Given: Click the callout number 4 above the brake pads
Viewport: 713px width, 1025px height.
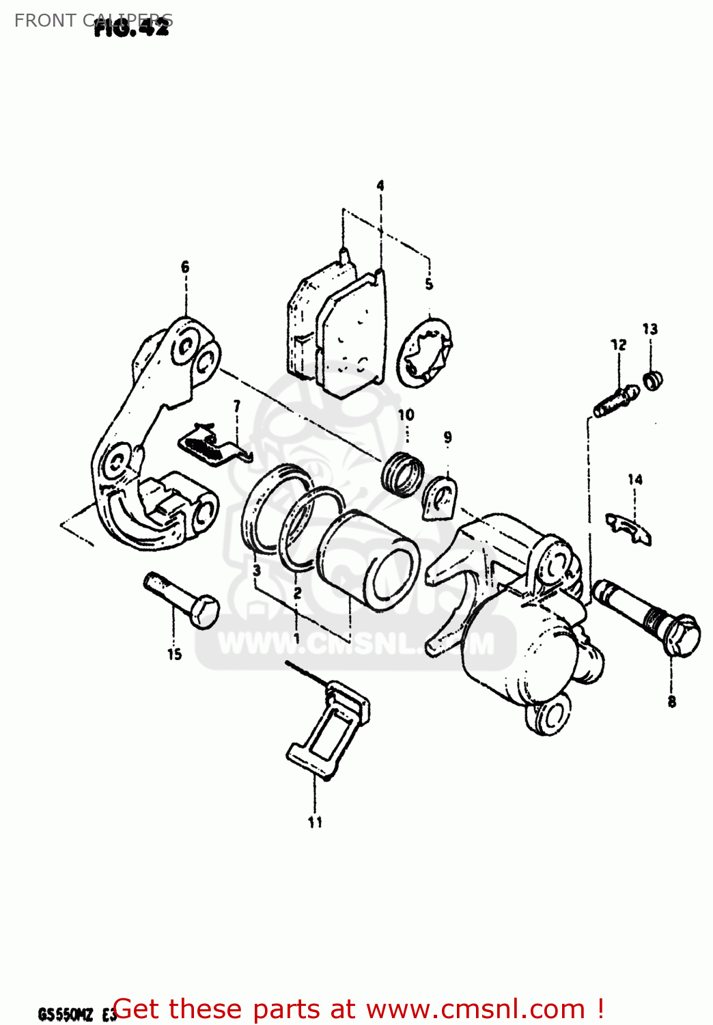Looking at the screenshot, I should (380, 185).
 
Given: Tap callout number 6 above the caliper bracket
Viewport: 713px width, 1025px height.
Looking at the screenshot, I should (185, 267).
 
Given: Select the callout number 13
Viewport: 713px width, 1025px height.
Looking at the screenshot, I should (649, 329).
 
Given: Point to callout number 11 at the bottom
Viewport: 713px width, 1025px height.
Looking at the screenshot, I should (315, 822).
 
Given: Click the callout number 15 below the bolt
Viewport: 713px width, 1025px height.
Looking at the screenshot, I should (174, 655).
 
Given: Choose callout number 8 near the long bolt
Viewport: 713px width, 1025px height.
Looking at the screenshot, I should (672, 702).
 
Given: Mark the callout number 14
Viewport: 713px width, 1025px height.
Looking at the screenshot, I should (635, 480).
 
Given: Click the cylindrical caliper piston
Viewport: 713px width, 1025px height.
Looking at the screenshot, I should (369, 560).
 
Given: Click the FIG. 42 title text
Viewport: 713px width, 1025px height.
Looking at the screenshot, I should (131, 27).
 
